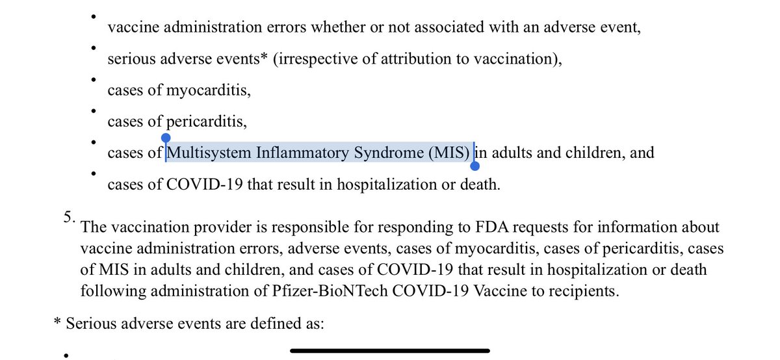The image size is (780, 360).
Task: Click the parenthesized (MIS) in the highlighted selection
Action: tap(448, 153)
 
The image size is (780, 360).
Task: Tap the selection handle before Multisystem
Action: tap(166, 138)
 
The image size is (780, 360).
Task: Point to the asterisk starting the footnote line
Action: tap(58, 322)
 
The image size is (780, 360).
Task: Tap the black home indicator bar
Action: tap(389, 351)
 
